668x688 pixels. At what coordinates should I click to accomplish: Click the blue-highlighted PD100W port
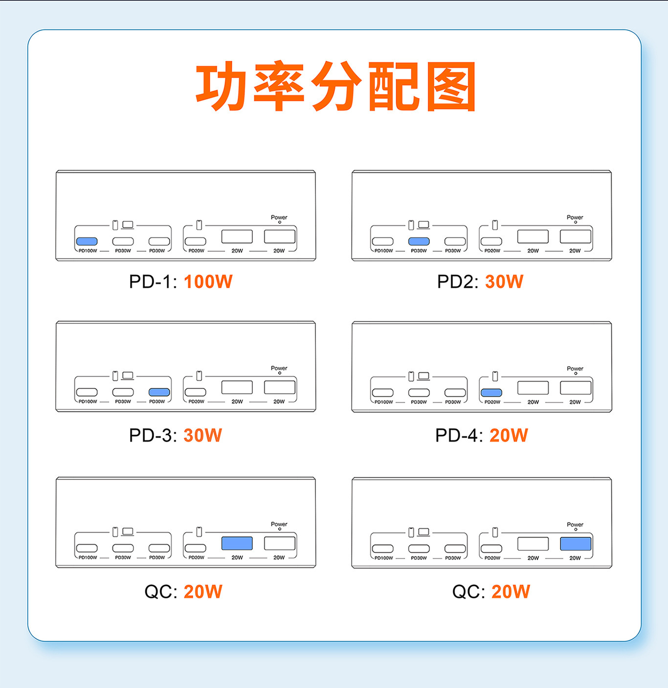click(x=87, y=241)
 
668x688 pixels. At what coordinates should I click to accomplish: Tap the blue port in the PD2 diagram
click(x=419, y=241)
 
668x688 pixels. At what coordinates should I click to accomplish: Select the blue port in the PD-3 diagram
click(x=159, y=392)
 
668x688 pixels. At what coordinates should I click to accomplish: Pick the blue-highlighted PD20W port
click(x=491, y=393)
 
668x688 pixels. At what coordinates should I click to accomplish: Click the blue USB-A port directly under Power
click(x=576, y=544)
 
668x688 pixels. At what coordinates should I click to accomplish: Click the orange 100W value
click(x=208, y=282)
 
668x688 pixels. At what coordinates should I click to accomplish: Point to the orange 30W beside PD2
click(x=504, y=282)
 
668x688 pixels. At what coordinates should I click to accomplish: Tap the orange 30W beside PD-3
click(x=203, y=435)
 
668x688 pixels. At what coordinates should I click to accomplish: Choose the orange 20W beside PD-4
click(x=509, y=435)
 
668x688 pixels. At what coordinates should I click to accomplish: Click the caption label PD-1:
click(x=153, y=282)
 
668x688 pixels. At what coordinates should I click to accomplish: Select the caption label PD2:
click(x=458, y=282)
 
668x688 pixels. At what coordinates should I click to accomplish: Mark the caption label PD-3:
click(x=153, y=435)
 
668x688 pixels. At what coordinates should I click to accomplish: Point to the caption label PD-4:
click(x=459, y=435)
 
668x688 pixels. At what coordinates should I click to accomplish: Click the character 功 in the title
click(x=221, y=86)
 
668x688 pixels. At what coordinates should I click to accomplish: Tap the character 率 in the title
click(x=279, y=86)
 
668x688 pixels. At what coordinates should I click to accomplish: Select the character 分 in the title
click(x=336, y=86)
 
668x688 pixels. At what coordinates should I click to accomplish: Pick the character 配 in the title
click(x=394, y=86)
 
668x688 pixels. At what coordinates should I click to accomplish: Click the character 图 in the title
click(x=451, y=86)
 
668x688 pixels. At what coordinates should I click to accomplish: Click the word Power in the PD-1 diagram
click(x=279, y=217)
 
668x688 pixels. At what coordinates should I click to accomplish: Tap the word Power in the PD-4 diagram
click(x=575, y=369)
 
